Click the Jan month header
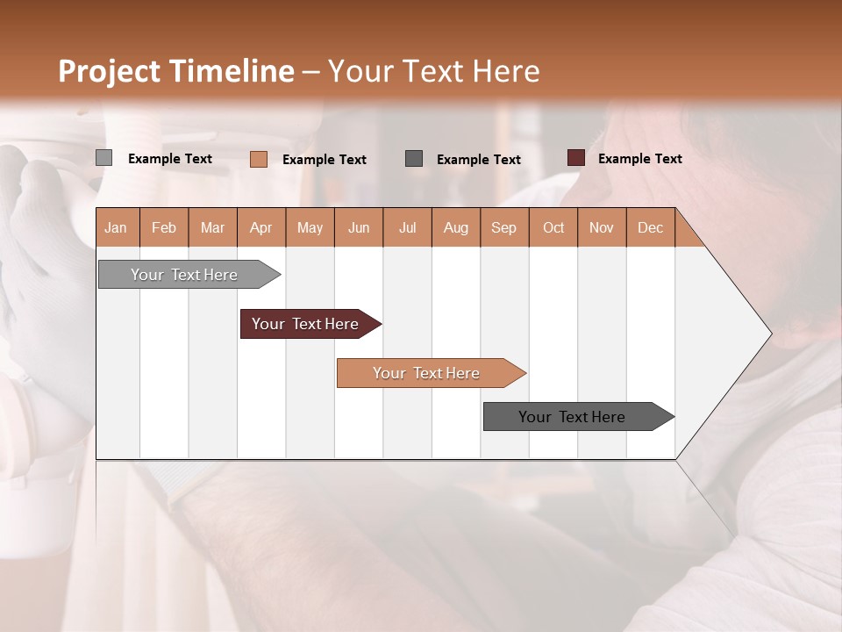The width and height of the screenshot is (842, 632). (116, 227)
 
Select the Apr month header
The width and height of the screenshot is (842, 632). (260, 227)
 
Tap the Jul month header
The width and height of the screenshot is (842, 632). (407, 227)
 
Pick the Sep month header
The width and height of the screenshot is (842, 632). (503, 227)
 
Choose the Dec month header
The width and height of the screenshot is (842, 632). (650, 227)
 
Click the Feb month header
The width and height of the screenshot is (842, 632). (164, 227)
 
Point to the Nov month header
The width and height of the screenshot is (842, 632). (601, 227)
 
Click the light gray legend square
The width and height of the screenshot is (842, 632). (103, 158)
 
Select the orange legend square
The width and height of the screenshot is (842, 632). (258, 159)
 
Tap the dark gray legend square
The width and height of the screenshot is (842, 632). (414, 159)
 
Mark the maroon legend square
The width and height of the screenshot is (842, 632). (576, 158)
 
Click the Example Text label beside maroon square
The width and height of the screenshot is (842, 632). (639, 158)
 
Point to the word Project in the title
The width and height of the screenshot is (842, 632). (108, 71)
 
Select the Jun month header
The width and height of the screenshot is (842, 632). (358, 227)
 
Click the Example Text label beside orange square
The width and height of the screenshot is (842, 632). (324, 159)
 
